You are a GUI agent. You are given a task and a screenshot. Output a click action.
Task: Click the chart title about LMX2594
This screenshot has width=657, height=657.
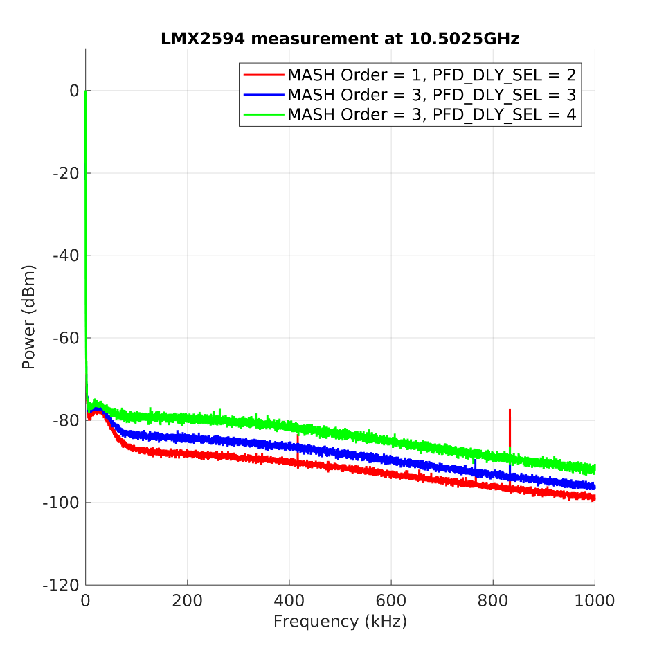340,39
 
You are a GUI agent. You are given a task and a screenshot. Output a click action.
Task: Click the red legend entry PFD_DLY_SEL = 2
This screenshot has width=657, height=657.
431,74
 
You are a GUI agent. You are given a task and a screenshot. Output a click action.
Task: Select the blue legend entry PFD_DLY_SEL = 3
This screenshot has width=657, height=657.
431,94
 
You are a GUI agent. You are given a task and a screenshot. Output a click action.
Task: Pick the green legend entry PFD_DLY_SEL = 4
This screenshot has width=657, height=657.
431,114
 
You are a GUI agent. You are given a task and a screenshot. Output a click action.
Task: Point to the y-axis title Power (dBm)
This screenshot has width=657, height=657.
28,316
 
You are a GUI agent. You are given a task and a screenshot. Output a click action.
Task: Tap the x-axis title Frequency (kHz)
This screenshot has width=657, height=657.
340,621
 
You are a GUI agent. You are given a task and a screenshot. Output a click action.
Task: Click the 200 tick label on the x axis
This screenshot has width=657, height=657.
187,600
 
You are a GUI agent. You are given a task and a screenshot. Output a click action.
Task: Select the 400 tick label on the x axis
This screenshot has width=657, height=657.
289,600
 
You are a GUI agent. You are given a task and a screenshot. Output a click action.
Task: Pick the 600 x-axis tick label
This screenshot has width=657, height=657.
390,600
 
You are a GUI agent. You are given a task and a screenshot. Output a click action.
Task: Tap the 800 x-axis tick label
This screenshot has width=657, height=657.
493,600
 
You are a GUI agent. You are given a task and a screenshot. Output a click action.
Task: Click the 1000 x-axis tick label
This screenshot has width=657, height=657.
595,600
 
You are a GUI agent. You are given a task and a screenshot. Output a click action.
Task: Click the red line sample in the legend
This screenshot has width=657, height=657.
263,74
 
